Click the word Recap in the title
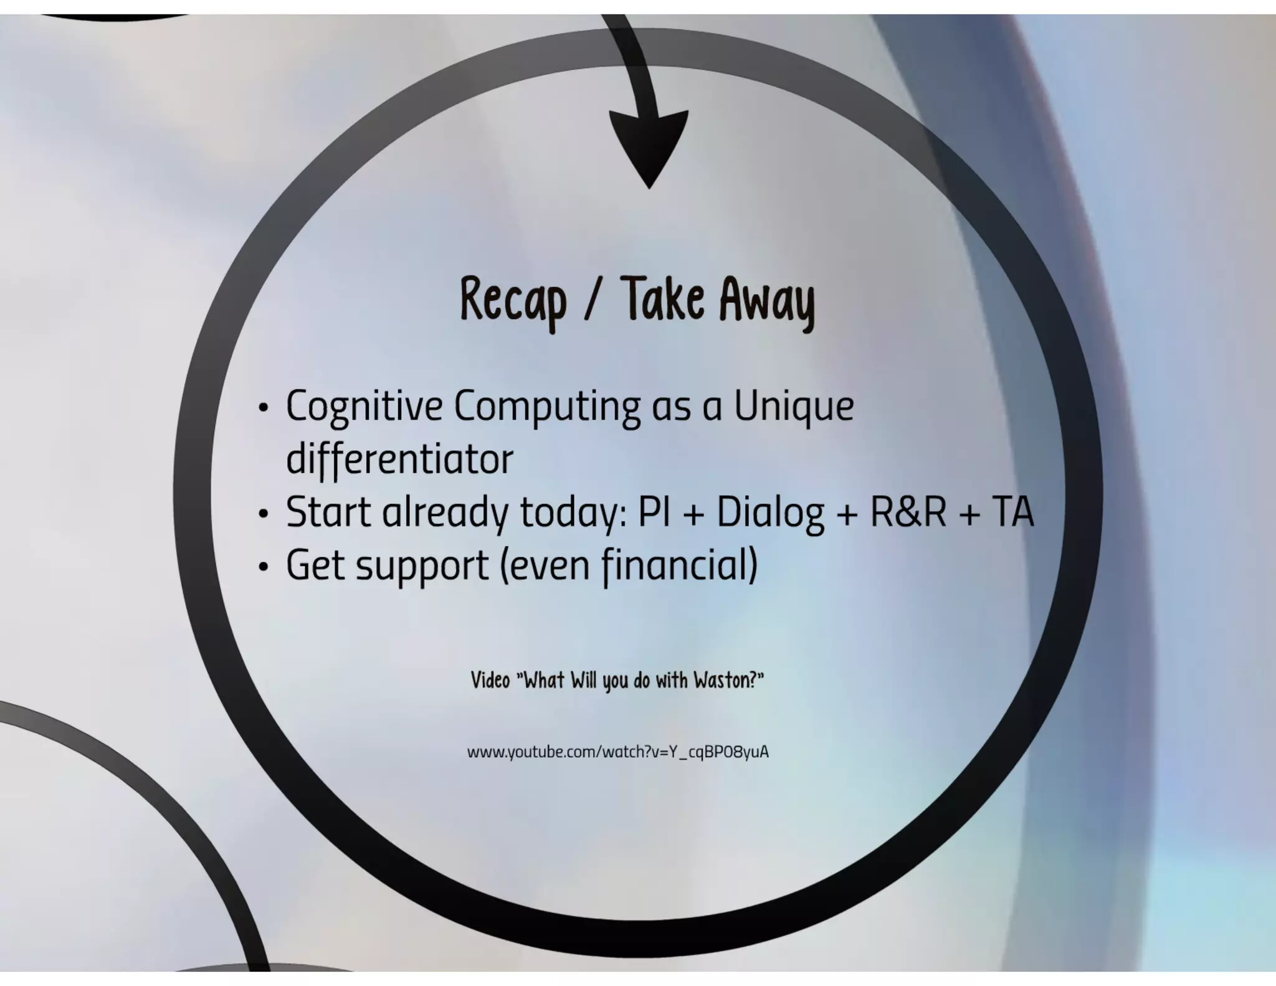(513, 300)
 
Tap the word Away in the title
(767, 300)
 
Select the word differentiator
(399, 459)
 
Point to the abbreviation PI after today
(654, 512)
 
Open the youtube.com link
(617, 752)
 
